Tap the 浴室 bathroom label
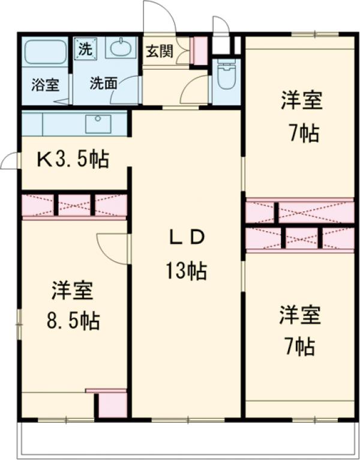(45, 84)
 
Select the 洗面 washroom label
(103, 84)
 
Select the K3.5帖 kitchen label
(73, 159)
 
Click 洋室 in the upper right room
(302, 101)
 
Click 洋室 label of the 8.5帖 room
(72, 291)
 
